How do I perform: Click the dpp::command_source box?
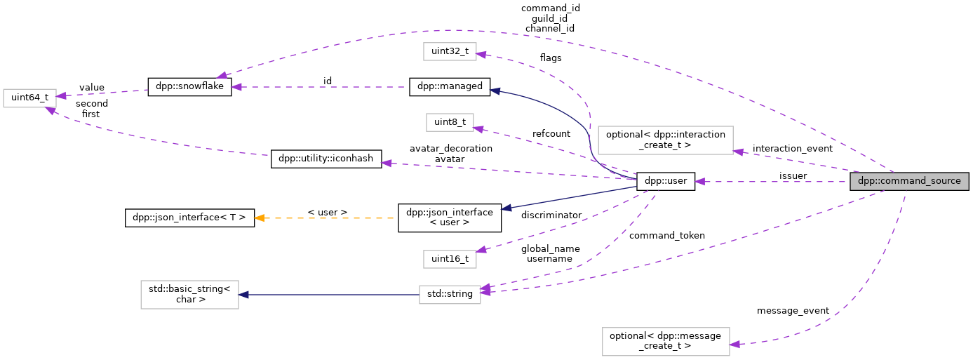point(909,181)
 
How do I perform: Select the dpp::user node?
point(665,181)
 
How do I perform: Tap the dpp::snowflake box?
point(189,87)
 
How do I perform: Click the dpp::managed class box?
point(450,86)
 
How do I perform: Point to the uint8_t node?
point(450,122)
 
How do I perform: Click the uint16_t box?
point(450,259)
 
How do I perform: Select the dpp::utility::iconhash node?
point(326,159)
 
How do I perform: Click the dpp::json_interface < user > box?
point(450,218)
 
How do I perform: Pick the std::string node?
point(450,295)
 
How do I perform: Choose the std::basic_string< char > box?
point(189,295)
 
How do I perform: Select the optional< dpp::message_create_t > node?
point(665,341)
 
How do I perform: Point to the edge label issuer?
point(793,175)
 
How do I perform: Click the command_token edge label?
point(666,235)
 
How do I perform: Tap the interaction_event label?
point(792,148)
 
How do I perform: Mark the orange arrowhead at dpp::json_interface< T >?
point(260,218)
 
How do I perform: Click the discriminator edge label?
point(551,214)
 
